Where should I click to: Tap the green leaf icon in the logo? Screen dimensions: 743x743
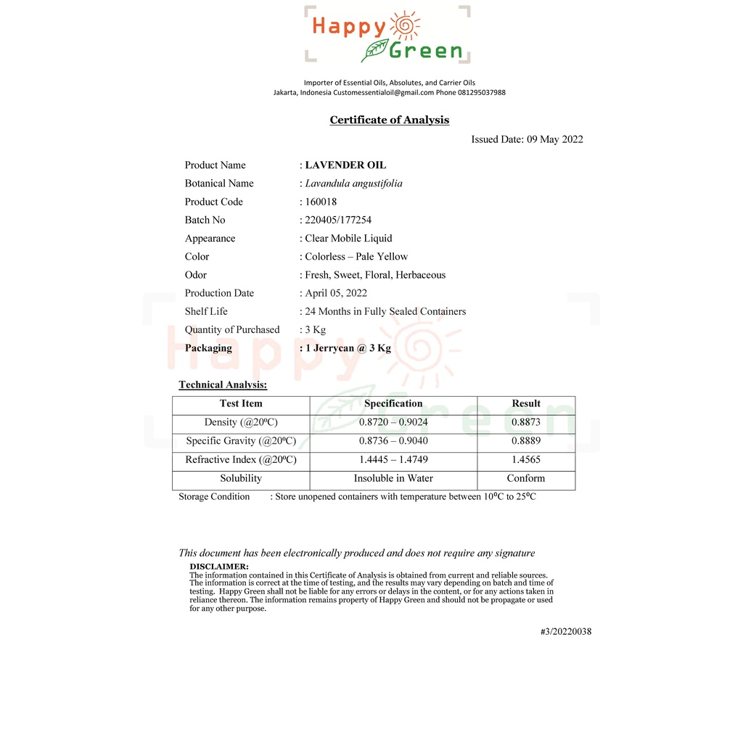pos(374,50)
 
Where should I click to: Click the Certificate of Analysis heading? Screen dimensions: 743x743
pos(390,120)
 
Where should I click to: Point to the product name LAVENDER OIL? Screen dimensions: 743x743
pos(345,165)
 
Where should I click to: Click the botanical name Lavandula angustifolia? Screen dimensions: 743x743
pos(353,184)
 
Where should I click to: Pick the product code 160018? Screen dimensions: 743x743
pos(321,202)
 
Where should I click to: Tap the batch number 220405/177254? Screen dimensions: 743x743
pos(338,220)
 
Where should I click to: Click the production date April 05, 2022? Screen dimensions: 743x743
pos(336,293)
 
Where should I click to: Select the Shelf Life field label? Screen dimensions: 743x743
pos(206,311)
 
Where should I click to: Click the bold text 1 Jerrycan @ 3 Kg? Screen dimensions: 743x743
pos(348,348)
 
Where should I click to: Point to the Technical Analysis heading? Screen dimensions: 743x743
pos(223,385)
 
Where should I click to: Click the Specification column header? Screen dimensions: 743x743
pos(393,404)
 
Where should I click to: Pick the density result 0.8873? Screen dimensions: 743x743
pos(526,422)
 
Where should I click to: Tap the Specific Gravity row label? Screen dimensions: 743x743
pos(241,441)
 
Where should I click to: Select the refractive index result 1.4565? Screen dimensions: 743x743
pos(526,460)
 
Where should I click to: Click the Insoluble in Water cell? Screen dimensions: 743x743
pos(393,479)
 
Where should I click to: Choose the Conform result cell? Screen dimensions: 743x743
pos(526,479)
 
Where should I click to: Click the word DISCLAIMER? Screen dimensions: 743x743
pos(219,567)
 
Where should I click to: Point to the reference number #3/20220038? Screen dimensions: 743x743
pos(566,632)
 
